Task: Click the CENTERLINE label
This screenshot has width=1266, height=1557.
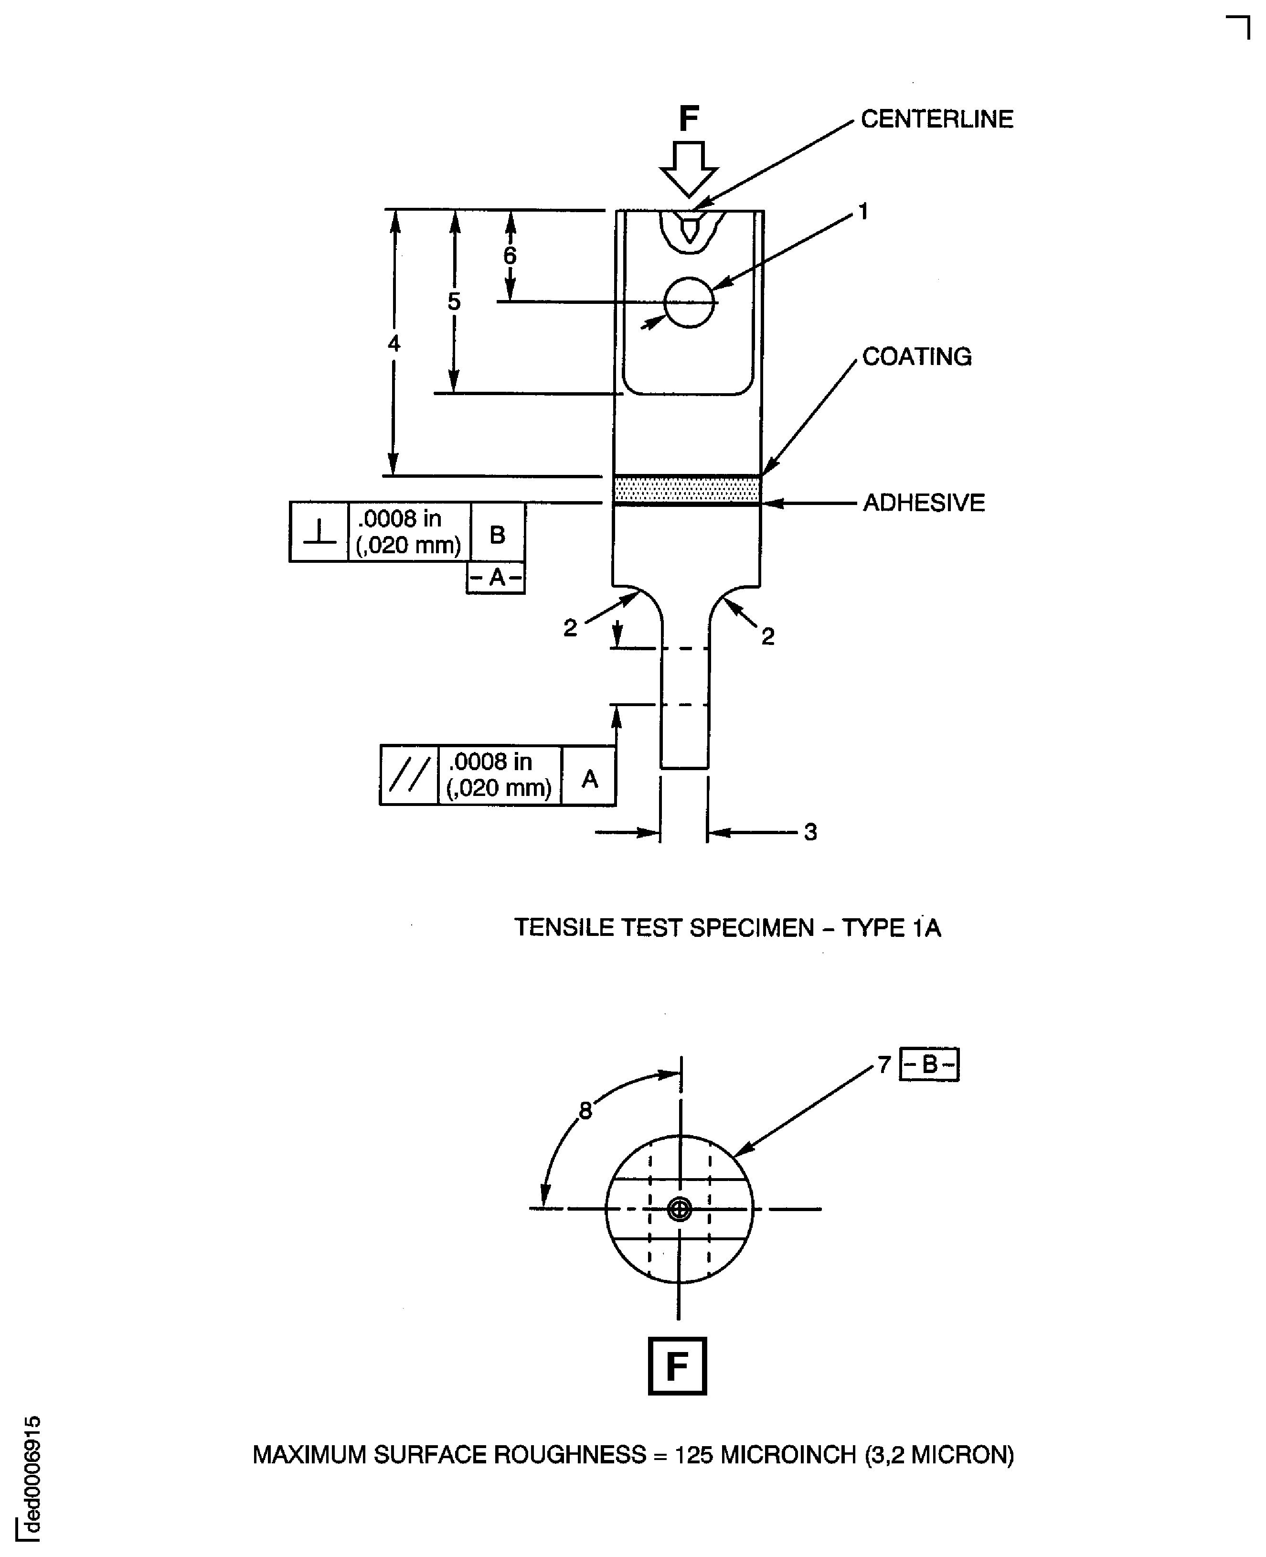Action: point(936,119)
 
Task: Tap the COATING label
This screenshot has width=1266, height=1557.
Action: point(917,357)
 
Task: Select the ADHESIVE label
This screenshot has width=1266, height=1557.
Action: point(923,503)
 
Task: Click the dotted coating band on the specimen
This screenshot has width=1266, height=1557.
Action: point(686,489)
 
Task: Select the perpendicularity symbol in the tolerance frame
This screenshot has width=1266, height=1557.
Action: point(319,532)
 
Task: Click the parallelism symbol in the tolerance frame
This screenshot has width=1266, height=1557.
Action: point(409,775)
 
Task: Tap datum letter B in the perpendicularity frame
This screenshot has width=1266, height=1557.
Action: point(497,535)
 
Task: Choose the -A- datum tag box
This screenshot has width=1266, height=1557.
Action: point(496,577)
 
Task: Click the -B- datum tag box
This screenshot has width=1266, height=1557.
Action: point(929,1064)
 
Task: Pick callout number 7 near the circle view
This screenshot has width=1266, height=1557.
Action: point(884,1065)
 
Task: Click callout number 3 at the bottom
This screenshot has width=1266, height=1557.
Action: point(810,832)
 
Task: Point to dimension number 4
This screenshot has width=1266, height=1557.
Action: point(394,343)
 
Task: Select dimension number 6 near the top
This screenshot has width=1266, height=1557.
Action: point(510,256)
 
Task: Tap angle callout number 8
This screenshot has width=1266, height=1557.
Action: point(585,1110)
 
